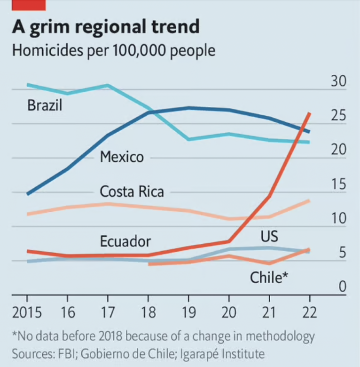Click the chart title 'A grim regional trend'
point(106,26)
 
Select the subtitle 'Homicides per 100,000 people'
point(114,50)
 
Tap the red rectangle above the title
point(29,5)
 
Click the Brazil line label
point(45,105)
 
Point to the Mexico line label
point(122,156)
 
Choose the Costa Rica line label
point(132,191)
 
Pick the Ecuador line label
point(125,241)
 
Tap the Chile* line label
point(269,278)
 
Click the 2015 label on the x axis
point(27,312)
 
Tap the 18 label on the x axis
point(149,312)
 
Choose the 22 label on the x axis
point(309,312)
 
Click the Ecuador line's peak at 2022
point(309,113)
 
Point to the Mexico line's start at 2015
point(28,193)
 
